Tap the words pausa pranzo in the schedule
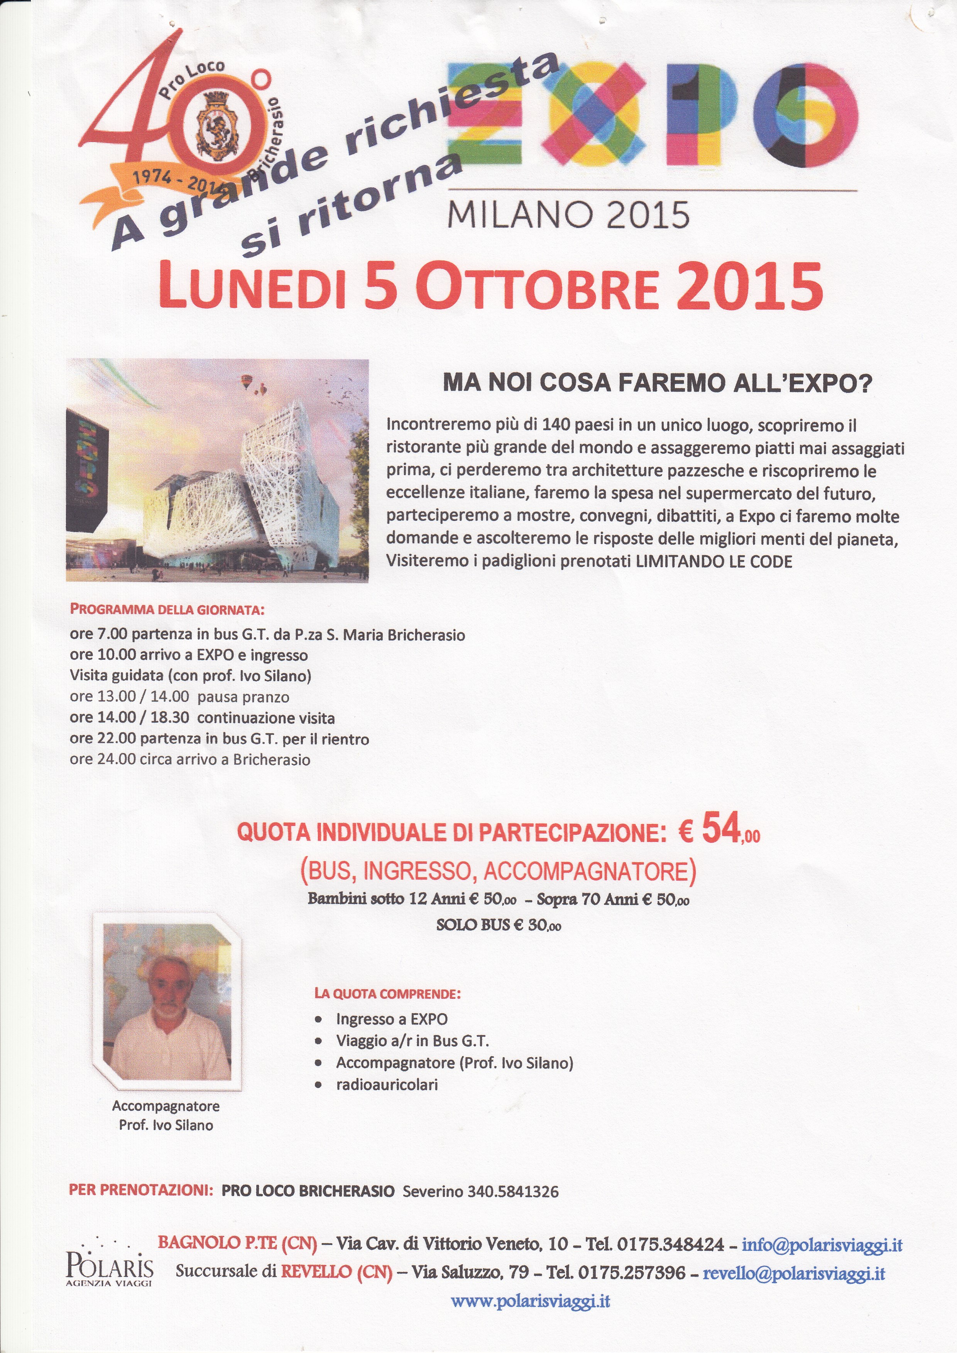coord(243,697)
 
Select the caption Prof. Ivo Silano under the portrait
coord(166,1125)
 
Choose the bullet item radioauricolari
coord(387,1084)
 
